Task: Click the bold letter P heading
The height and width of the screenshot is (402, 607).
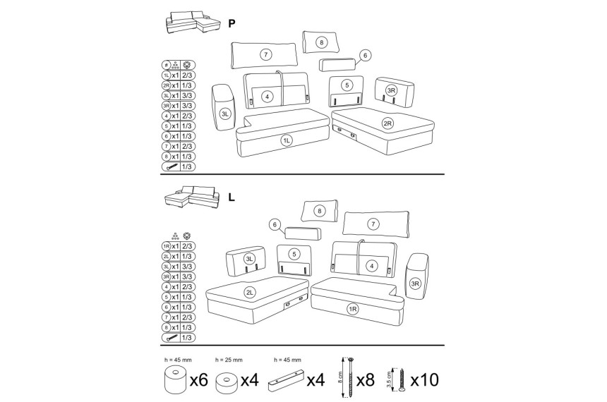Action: click(x=232, y=23)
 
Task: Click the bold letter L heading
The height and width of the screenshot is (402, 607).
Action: click(x=232, y=197)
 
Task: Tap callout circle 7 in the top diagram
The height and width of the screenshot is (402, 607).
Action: click(x=265, y=54)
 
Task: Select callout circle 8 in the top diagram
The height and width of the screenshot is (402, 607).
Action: click(x=321, y=42)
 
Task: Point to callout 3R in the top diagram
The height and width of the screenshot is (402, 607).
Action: click(x=392, y=90)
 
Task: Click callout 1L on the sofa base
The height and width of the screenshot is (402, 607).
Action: click(x=287, y=141)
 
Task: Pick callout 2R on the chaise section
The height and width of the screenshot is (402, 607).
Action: click(x=387, y=123)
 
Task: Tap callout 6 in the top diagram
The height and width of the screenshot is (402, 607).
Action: click(x=365, y=55)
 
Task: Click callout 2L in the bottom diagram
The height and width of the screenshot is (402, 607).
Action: click(x=250, y=293)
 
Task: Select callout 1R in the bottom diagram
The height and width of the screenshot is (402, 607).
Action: click(x=353, y=309)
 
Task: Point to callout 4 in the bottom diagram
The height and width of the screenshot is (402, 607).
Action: click(x=372, y=266)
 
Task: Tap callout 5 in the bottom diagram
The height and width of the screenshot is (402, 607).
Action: click(x=294, y=254)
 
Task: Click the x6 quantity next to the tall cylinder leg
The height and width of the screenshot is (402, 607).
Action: click(x=199, y=380)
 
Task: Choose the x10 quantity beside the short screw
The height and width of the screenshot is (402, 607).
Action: click(x=425, y=380)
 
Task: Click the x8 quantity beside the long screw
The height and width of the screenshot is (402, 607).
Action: click(x=366, y=380)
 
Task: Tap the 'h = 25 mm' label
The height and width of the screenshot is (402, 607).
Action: click(x=229, y=360)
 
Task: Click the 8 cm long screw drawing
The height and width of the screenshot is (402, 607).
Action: click(x=351, y=377)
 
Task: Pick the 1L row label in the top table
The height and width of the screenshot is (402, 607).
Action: click(x=166, y=75)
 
